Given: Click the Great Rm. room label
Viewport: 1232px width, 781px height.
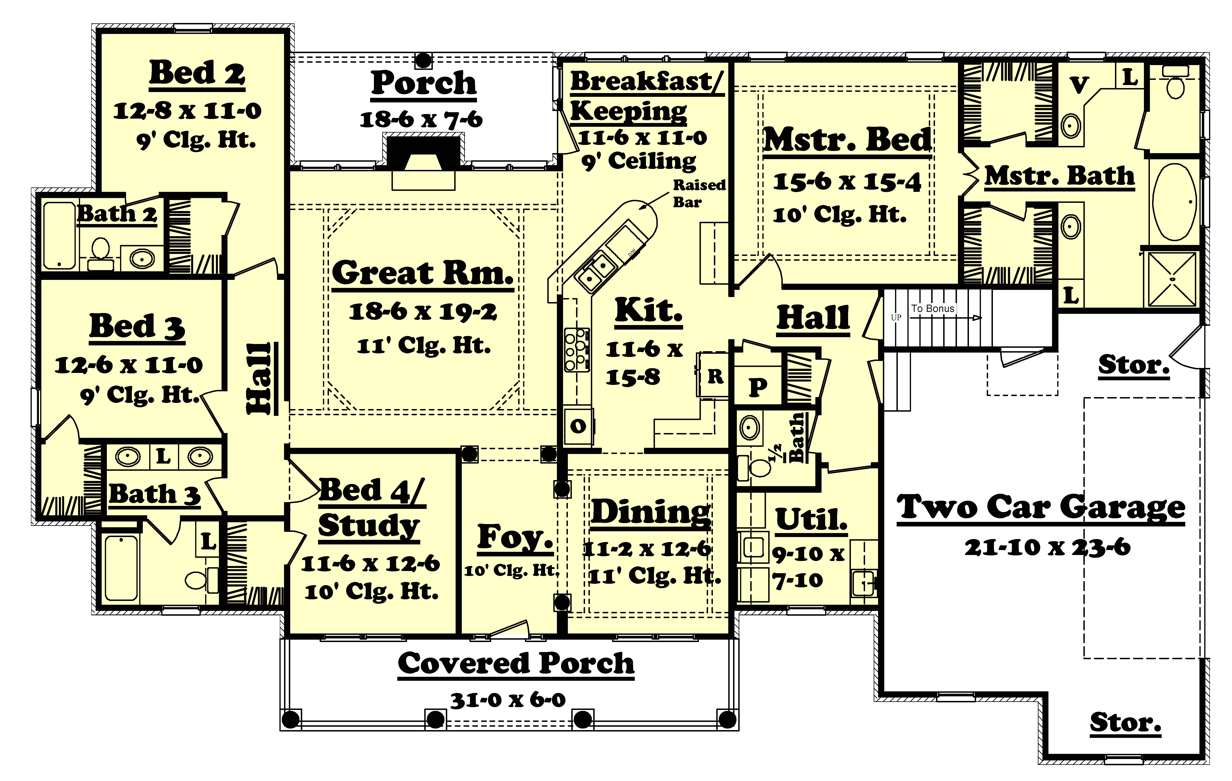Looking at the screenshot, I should click(x=423, y=274).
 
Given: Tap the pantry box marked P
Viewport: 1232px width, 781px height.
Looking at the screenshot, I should click(x=758, y=387).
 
